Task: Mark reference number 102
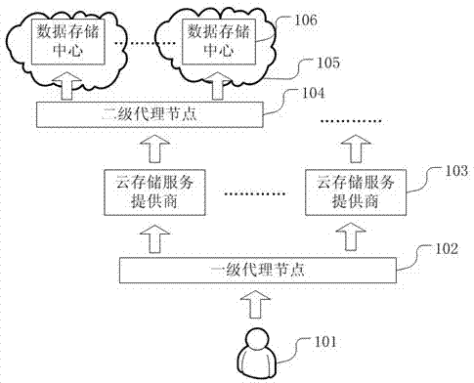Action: click(446, 249)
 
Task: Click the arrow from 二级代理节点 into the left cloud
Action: click(67, 88)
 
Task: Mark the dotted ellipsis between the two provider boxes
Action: click(253, 193)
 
